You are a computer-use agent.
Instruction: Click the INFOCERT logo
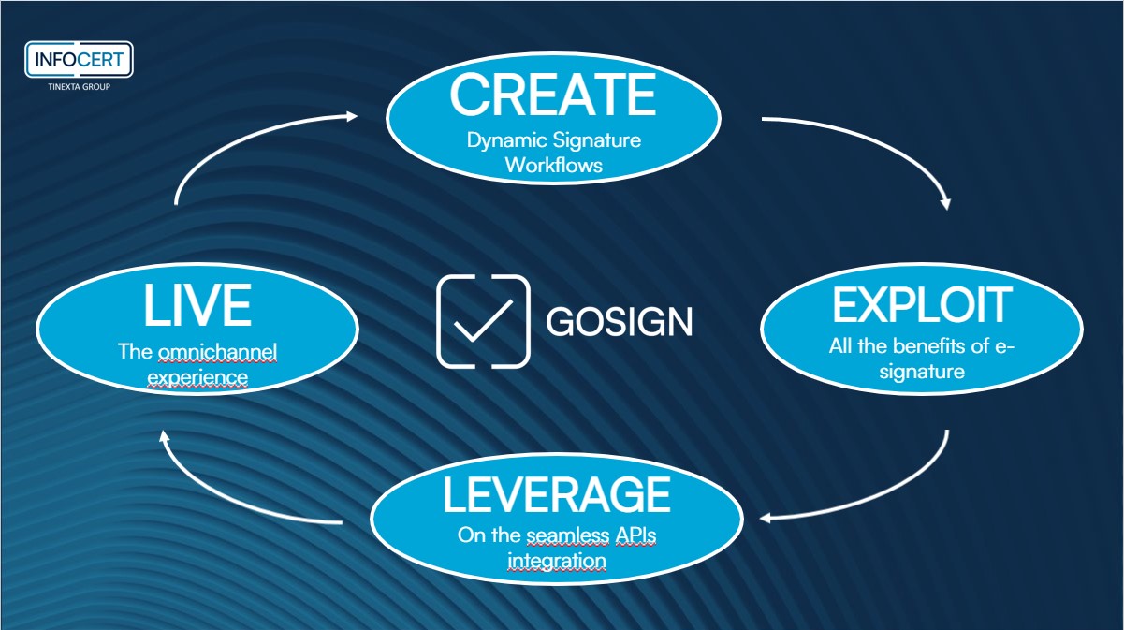[x=80, y=60]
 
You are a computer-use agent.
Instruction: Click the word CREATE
[x=553, y=93]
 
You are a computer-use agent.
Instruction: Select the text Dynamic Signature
[x=554, y=141]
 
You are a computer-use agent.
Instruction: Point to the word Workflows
[x=554, y=166]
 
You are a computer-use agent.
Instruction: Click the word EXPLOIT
[x=922, y=306]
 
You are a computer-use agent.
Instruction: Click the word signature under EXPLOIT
[x=922, y=371]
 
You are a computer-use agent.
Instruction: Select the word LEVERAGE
[x=556, y=495]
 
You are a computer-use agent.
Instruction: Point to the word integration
[x=556, y=561]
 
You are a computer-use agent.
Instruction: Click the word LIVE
[x=197, y=306]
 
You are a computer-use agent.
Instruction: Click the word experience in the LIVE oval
[x=197, y=377]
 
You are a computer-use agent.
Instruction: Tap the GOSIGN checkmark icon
[x=483, y=321]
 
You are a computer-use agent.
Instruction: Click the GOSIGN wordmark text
[x=619, y=322]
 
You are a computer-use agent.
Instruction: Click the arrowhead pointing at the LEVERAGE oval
[x=766, y=518]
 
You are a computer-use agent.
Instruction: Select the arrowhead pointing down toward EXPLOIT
[x=947, y=202]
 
